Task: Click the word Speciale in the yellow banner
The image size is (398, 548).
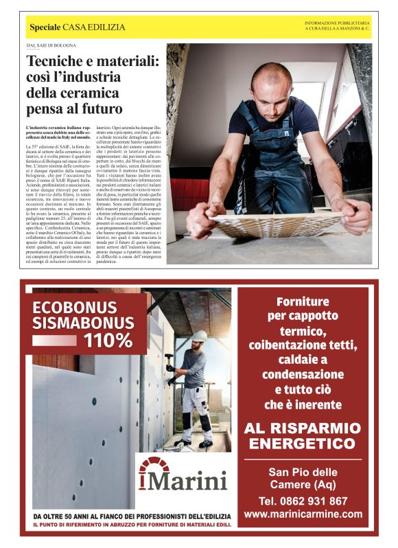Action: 45,27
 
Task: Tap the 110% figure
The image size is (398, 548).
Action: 108,340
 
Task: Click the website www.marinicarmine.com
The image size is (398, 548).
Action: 303,514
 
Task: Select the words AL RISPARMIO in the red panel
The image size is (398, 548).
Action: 303,429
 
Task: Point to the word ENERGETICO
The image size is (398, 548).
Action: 303,446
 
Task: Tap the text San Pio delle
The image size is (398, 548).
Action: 303,472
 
